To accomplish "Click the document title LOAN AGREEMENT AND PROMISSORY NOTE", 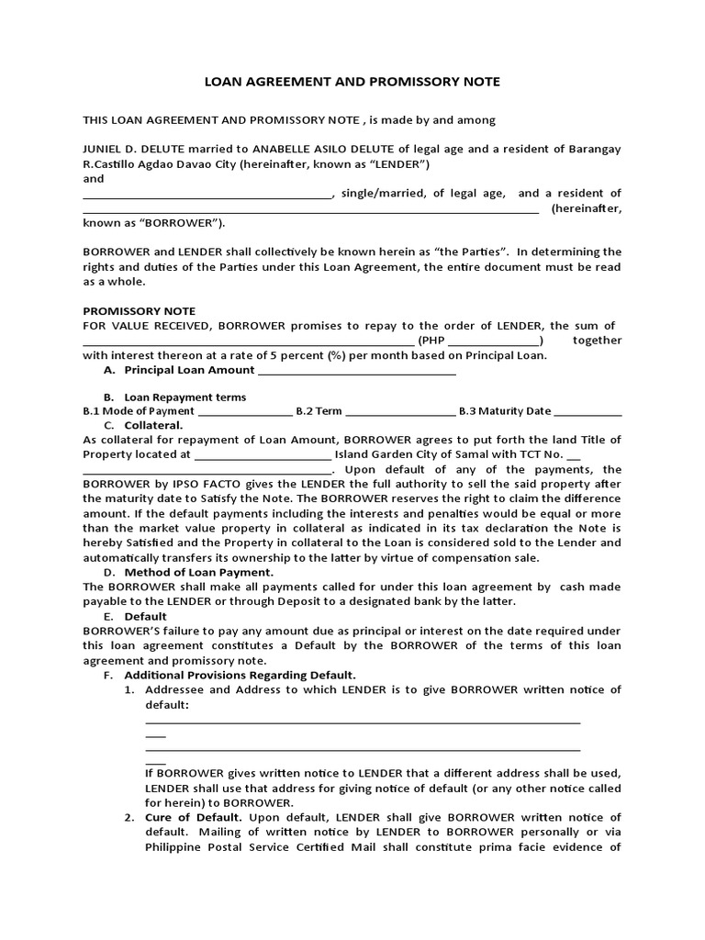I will coord(352,82).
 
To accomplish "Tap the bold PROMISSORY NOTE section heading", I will coord(140,311).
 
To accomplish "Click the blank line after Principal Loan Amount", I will coord(357,371).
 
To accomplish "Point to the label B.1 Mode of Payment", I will coord(139,411).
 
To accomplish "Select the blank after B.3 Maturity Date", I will coord(587,411).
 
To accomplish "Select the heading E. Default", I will coord(145,616).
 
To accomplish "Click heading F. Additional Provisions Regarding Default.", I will coord(240,675).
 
